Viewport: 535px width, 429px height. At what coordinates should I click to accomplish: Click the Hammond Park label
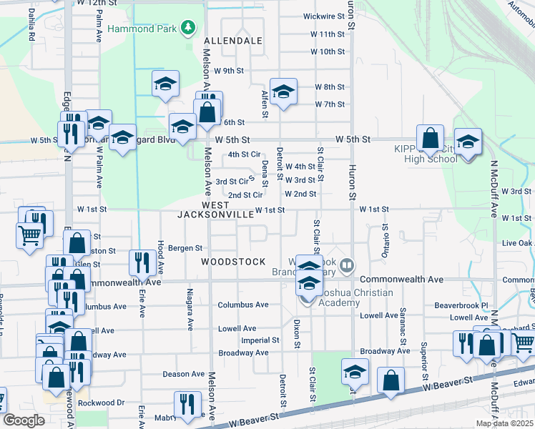click(x=143, y=29)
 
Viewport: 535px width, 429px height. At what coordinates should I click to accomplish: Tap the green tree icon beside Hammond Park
click(x=188, y=28)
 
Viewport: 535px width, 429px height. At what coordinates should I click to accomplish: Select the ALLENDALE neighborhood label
click(x=233, y=41)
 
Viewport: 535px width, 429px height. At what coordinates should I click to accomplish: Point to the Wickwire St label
click(x=324, y=16)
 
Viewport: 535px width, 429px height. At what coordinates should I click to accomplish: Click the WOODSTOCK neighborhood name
click(x=233, y=262)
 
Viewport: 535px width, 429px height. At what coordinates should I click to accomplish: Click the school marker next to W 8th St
click(x=283, y=92)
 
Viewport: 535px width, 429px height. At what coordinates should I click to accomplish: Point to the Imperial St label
click(x=260, y=340)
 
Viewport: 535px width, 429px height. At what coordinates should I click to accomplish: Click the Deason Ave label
click(x=184, y=374)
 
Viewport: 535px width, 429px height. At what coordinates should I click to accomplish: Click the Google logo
click(x=24, y=420)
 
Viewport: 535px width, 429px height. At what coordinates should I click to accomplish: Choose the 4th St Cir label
click(x=244, y=154)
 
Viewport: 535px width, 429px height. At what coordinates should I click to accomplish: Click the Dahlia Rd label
click(x=31, y=24)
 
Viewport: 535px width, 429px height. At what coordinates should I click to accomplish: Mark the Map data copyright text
click(x=504, y=423)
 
